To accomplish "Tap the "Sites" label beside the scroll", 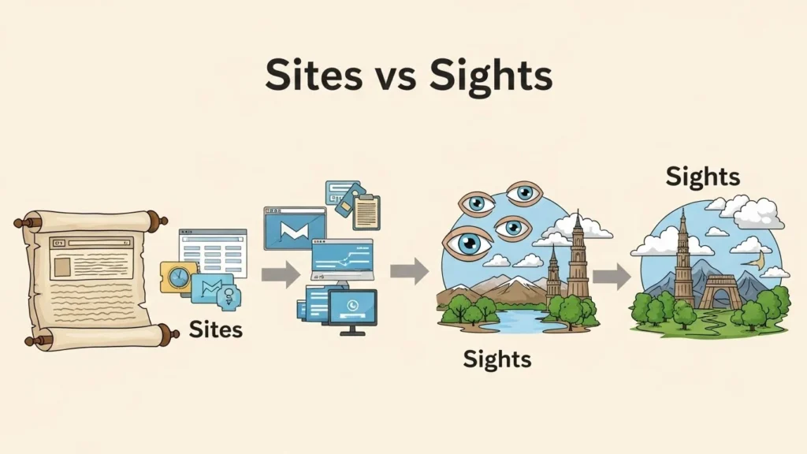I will (215, 329).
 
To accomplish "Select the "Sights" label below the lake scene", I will (496, 359).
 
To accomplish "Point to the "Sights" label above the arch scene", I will (703, 177).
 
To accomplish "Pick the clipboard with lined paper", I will (366, 212).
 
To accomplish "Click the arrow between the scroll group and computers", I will (281, 274).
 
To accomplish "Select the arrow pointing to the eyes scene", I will (409, 272).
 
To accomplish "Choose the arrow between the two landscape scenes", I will (612, 276).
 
